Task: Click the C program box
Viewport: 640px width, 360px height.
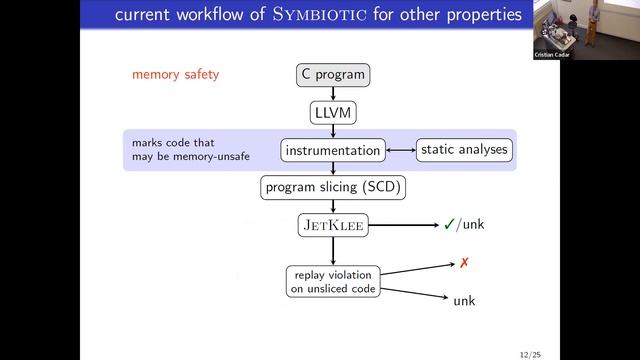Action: coord(332,74)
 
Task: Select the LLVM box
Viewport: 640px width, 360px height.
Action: coord(332,113)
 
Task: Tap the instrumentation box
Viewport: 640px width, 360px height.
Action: coord(332,151)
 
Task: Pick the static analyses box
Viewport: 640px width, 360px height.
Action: coord(463,150)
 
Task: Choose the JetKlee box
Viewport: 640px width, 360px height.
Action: coord(332,225)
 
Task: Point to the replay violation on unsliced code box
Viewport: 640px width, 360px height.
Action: coord(332,282)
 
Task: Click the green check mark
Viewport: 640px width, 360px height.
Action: coord(450,225)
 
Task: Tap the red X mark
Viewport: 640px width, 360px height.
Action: coord(464,263)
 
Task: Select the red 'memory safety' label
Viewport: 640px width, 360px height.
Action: coord(175,75)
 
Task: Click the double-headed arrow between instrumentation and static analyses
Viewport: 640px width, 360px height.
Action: coord(400,151)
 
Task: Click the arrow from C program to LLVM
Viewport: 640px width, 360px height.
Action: coord(332,93)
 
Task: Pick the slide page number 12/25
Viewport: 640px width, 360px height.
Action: coord(532,353)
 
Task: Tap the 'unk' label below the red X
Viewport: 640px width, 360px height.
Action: coord(464,300)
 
